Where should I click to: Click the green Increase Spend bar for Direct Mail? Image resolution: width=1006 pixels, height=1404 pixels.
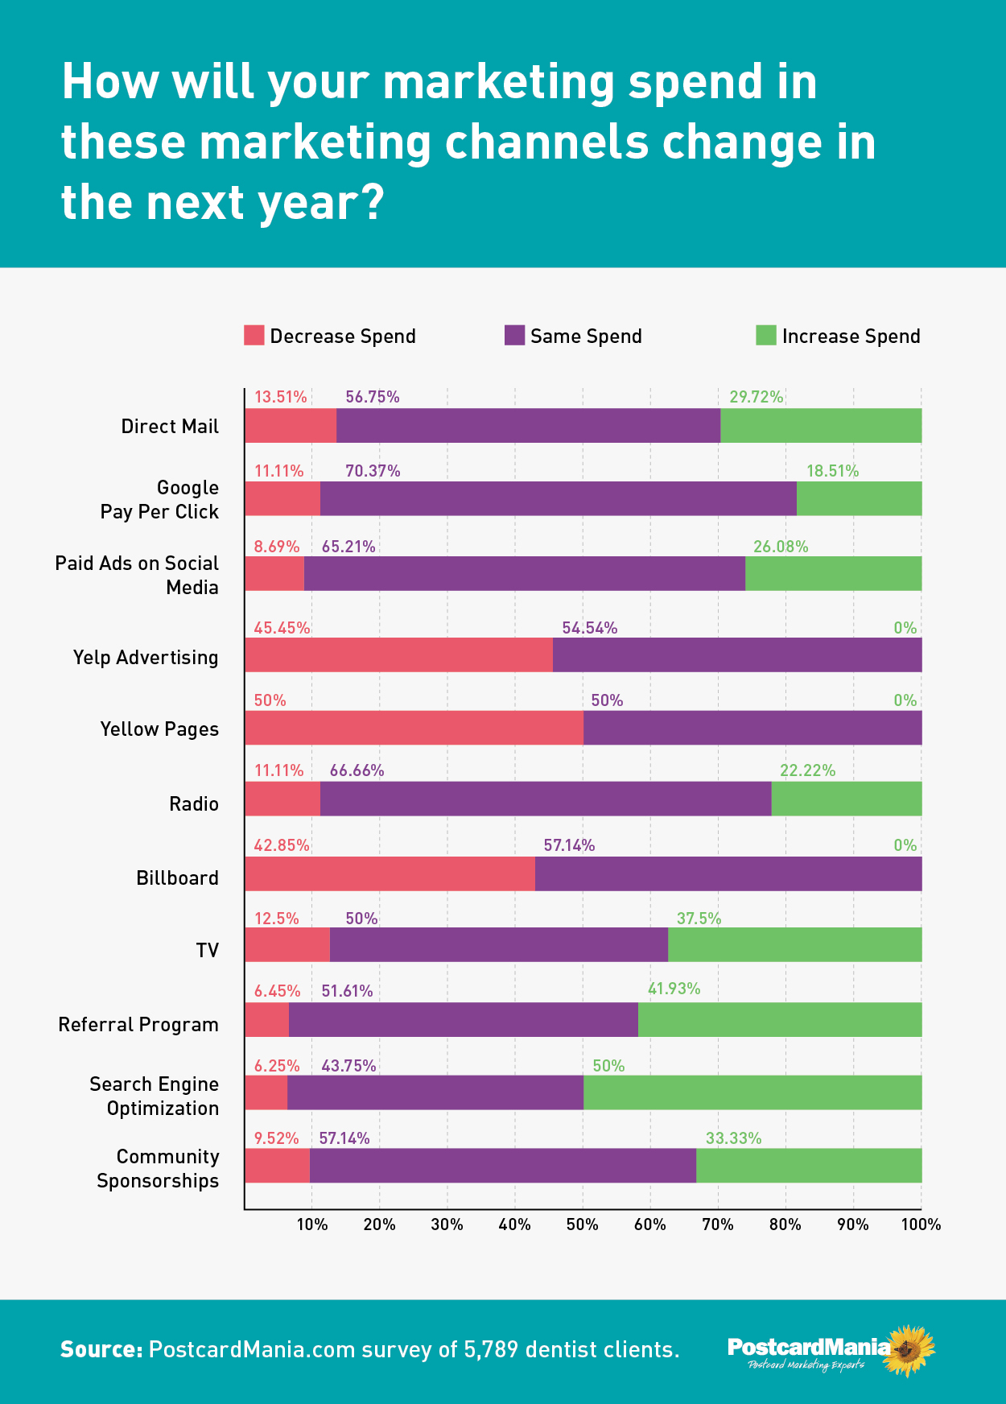820,426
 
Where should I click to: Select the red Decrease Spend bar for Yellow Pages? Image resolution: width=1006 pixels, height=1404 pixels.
414,728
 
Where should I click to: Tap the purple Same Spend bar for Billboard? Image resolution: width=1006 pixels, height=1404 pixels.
728,873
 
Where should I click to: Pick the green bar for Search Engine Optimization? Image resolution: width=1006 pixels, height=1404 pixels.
752,1092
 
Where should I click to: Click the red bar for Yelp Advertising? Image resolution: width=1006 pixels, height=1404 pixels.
398,655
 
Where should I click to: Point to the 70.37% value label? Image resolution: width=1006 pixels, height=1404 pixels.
373,471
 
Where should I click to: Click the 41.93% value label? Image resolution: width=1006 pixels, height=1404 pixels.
674,989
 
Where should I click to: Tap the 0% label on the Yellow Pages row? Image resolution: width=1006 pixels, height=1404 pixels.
905,700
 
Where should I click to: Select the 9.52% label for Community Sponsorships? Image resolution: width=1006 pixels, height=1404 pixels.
276,1138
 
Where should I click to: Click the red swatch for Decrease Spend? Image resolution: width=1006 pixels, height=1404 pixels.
254,336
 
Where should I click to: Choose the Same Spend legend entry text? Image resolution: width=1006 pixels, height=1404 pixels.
586,337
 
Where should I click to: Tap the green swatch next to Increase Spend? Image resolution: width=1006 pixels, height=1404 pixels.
765,336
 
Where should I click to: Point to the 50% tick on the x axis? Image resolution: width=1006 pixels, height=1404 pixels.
582,1224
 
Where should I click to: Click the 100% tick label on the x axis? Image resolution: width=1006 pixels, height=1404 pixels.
920,1224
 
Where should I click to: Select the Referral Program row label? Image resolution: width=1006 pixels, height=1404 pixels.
138,1025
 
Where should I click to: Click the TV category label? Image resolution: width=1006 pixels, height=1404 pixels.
207,950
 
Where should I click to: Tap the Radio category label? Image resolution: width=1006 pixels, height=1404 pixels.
193,803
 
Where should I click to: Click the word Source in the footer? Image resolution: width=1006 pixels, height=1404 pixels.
101,1349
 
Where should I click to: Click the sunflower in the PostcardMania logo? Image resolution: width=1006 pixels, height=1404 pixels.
909,1350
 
